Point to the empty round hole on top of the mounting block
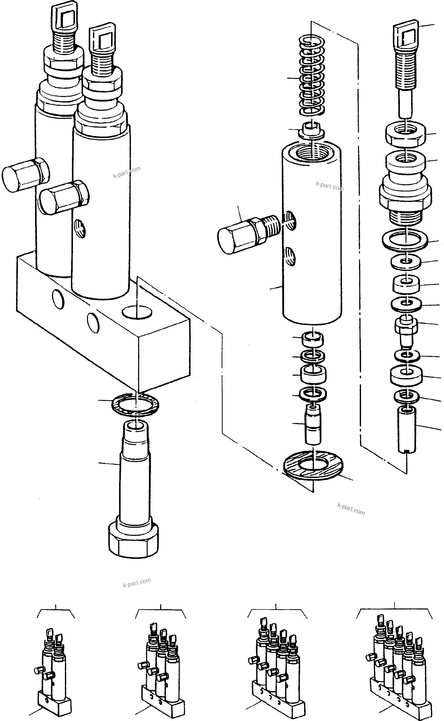coord(137,312)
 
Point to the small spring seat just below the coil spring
coord(312,131)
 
